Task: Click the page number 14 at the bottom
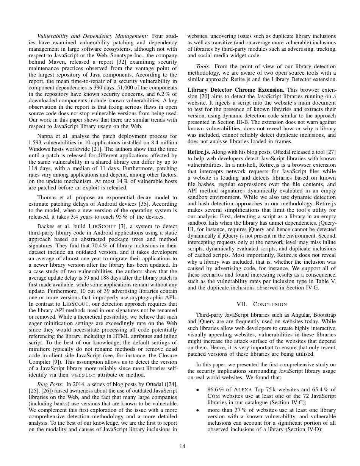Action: [182, 446]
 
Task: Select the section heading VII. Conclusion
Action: [261, 304]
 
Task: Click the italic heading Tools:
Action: [204, 66]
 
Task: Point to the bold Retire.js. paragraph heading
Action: [197, 152]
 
